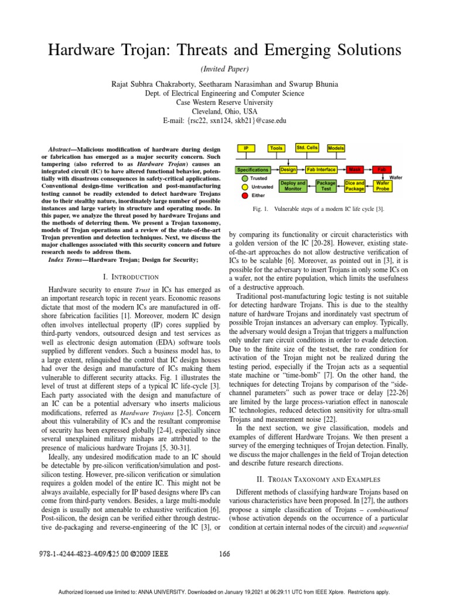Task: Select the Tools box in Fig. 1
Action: (277, 149)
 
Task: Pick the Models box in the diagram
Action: (336, 149)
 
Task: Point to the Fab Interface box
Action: (321, 169)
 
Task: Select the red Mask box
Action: (354, 169)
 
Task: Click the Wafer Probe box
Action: (382, 186)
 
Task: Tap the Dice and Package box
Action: (354, 186)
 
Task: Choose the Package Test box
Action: (326, 186)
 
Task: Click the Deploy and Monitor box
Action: (293, 186)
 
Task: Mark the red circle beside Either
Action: (245, 195)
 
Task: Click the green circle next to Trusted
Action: (245, 178)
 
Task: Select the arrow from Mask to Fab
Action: (369, 169)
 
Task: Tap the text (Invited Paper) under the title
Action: (225, 69)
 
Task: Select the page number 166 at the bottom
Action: (224, 554)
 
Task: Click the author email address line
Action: (225, 120)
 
